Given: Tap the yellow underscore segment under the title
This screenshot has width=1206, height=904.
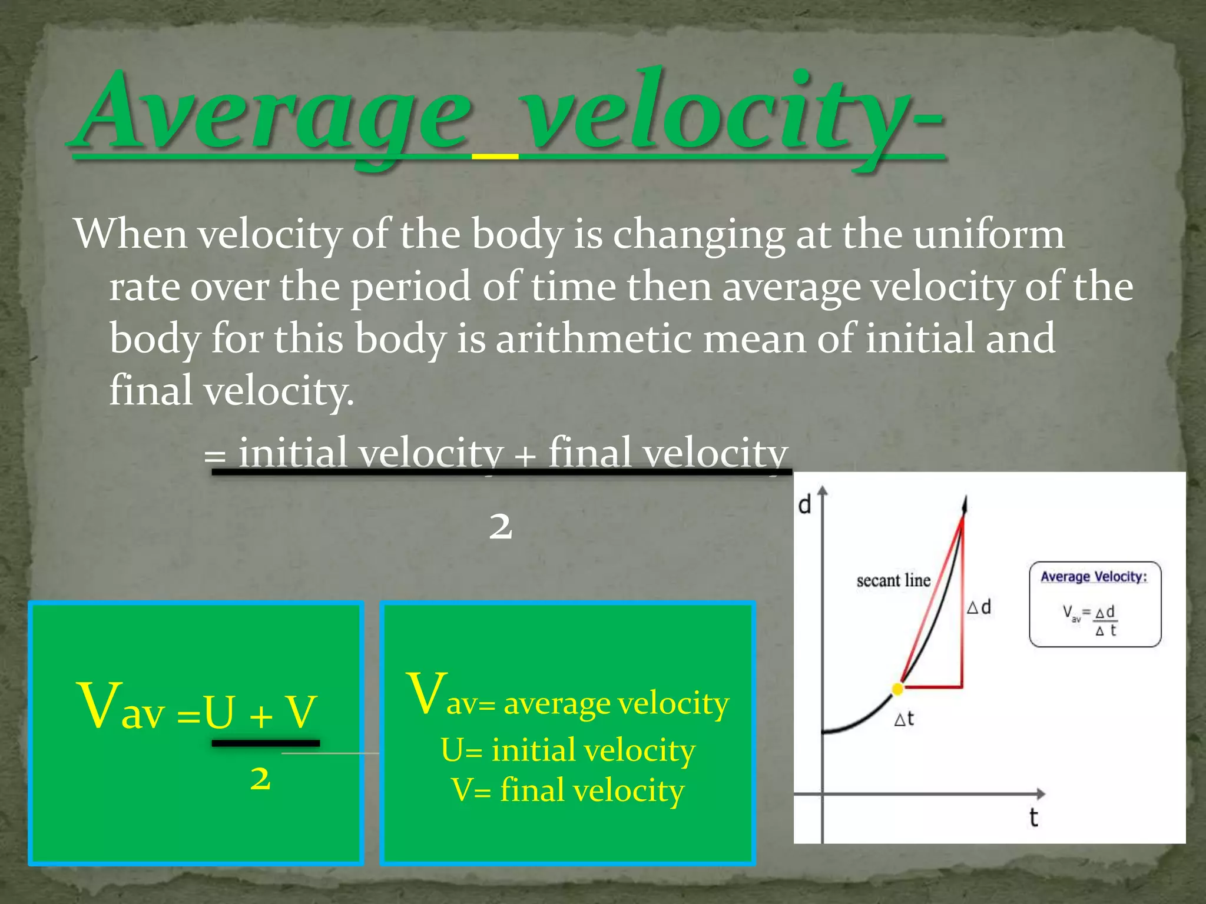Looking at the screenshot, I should point(495,157).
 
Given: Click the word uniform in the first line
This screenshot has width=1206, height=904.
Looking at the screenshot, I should point(989,234).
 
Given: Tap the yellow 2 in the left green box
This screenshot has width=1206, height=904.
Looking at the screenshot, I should point(260,779).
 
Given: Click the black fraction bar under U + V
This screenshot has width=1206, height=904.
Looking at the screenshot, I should point(266,743).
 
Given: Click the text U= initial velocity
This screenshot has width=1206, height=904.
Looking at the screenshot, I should point(568,750).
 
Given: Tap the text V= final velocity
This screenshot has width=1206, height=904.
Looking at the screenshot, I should point(568,790).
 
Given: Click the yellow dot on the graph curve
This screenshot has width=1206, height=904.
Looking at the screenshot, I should point(897,689).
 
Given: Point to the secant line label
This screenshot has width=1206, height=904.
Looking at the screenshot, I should point(893,581).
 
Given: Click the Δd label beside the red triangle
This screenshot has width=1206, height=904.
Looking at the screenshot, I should point(979,607).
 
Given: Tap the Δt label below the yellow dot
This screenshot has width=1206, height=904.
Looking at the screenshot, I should point(904,719).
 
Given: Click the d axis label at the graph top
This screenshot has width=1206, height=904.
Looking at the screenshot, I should point(804,504).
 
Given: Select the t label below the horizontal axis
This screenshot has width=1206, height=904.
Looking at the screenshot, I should point(1033,817).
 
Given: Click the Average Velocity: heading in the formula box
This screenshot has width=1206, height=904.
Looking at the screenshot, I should point(1094,577).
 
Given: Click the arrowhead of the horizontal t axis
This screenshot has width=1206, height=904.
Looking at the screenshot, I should point(1041,793).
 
